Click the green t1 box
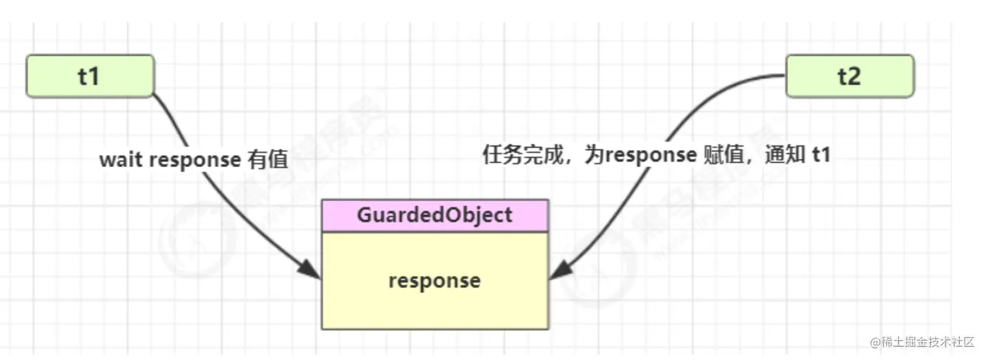90,76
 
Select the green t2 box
849,76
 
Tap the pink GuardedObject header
435,216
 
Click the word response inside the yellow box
434,280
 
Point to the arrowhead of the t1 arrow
312,271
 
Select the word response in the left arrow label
195,160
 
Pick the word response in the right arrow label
651,155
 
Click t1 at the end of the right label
820,155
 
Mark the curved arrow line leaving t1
196,150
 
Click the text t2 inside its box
849,76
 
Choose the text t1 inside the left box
89,76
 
